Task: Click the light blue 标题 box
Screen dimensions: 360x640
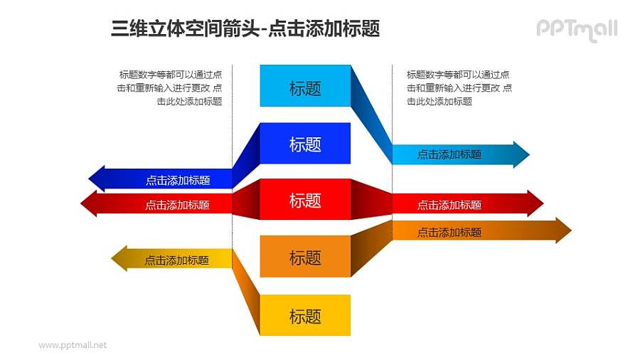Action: coord(305,86)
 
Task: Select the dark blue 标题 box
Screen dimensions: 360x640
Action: coord(305,144)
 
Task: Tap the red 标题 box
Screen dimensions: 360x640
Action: coord(305,200)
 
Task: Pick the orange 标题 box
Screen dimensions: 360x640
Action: coord(305,257)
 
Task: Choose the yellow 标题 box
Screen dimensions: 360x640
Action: coord(305,315)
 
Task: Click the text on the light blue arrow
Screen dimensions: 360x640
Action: coord(449,154)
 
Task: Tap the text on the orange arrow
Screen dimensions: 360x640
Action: coord(449,232)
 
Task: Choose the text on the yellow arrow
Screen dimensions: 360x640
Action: coord(176,260)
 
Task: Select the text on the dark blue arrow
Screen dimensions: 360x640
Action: coord(178,180)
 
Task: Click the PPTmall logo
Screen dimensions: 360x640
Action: coord(577,29)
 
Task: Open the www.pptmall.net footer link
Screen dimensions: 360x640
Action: coord(73,345)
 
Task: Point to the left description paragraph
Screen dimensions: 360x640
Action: coord(170,88)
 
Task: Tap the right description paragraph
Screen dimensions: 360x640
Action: coord(459,88)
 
